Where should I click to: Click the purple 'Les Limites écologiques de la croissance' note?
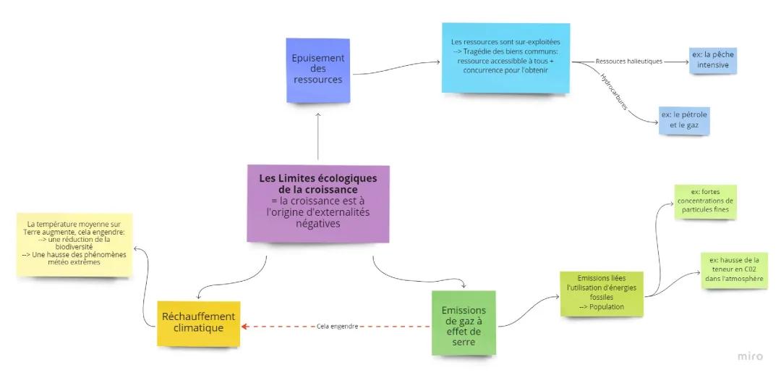click(318, 203)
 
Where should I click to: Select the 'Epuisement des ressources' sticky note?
click(317, 69)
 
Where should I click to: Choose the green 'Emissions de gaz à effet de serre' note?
click(464, 322)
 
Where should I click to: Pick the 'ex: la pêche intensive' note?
click(712, 60)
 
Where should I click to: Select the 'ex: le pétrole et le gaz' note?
click(684, 120)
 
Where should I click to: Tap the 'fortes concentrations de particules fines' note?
click(705, 201)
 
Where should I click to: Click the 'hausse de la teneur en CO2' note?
click(734, 270)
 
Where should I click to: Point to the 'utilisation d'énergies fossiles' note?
click(602, 293)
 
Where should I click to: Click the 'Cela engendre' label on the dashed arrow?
click(337, 327)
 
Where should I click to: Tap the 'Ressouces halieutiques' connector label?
click(628, 62)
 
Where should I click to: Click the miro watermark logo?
click(750, 356)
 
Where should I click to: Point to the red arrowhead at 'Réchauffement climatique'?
click(245, 327)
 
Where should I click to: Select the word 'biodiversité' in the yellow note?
click(74, 247)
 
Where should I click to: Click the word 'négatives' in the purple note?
click(318, 224)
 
